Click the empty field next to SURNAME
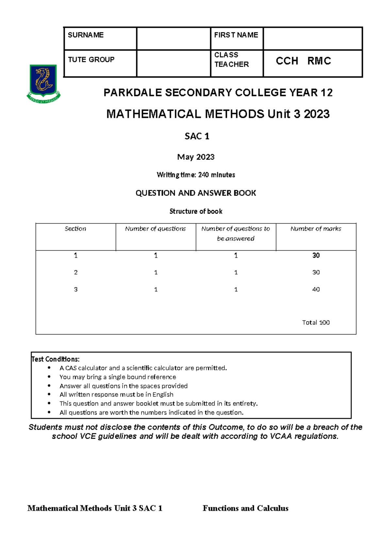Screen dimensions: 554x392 coord(173,39)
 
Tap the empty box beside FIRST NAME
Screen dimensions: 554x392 coord(313,39)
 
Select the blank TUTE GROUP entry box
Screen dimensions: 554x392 coord(173,63)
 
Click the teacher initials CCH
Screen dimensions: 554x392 coord(287,61)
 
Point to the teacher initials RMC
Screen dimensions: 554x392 coord(319,61)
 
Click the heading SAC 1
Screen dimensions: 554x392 coord(197,136)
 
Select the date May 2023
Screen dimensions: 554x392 coord(196,157)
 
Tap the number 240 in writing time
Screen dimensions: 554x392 coord(203,175)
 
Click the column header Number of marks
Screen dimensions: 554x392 coord(316,229)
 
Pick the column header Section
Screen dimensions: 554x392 coord(75,229)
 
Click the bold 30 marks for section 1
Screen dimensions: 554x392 coord(316,255)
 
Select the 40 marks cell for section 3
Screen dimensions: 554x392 coord(316,289)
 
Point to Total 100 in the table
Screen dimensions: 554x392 coord(316,322)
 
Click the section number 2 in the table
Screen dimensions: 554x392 coord(76,272)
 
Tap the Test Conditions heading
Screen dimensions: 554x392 coord(56,359)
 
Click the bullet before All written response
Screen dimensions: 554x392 coord(49,395)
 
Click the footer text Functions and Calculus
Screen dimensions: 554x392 coord(245,508)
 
